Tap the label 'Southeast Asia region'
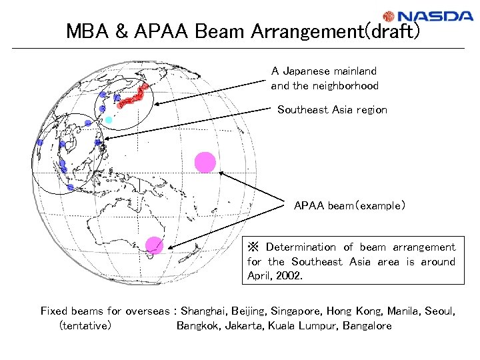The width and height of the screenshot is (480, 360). point(332,109)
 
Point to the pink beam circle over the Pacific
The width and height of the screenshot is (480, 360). point(205,162)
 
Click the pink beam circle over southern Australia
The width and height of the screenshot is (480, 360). point(155,245)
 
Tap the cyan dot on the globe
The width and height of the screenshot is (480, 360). point(109,119)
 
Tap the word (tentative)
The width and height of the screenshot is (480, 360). point(85,325)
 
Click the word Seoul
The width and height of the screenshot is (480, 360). point(440,311)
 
